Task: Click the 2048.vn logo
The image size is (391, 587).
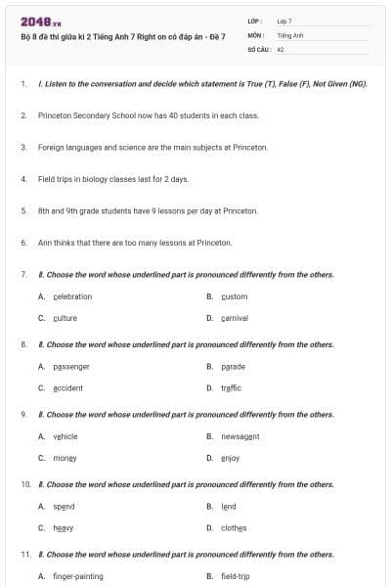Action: (41, 23)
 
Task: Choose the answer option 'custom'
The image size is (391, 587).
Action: (235, 296)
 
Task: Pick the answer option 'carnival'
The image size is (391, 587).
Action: (235, 318)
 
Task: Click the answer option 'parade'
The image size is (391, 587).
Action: (233, 367)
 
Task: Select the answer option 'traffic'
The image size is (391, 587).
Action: (231, 387)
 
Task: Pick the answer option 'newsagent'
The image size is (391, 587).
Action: (240, 436)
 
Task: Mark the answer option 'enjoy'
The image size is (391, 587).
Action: (231, 458)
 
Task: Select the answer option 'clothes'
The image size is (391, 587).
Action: (234, 528)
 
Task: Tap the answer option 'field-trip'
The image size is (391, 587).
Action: (236, 576)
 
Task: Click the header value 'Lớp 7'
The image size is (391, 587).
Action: (284, 21)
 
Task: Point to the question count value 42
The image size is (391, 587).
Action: (281, 48)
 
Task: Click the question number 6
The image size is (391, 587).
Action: (23, 243)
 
